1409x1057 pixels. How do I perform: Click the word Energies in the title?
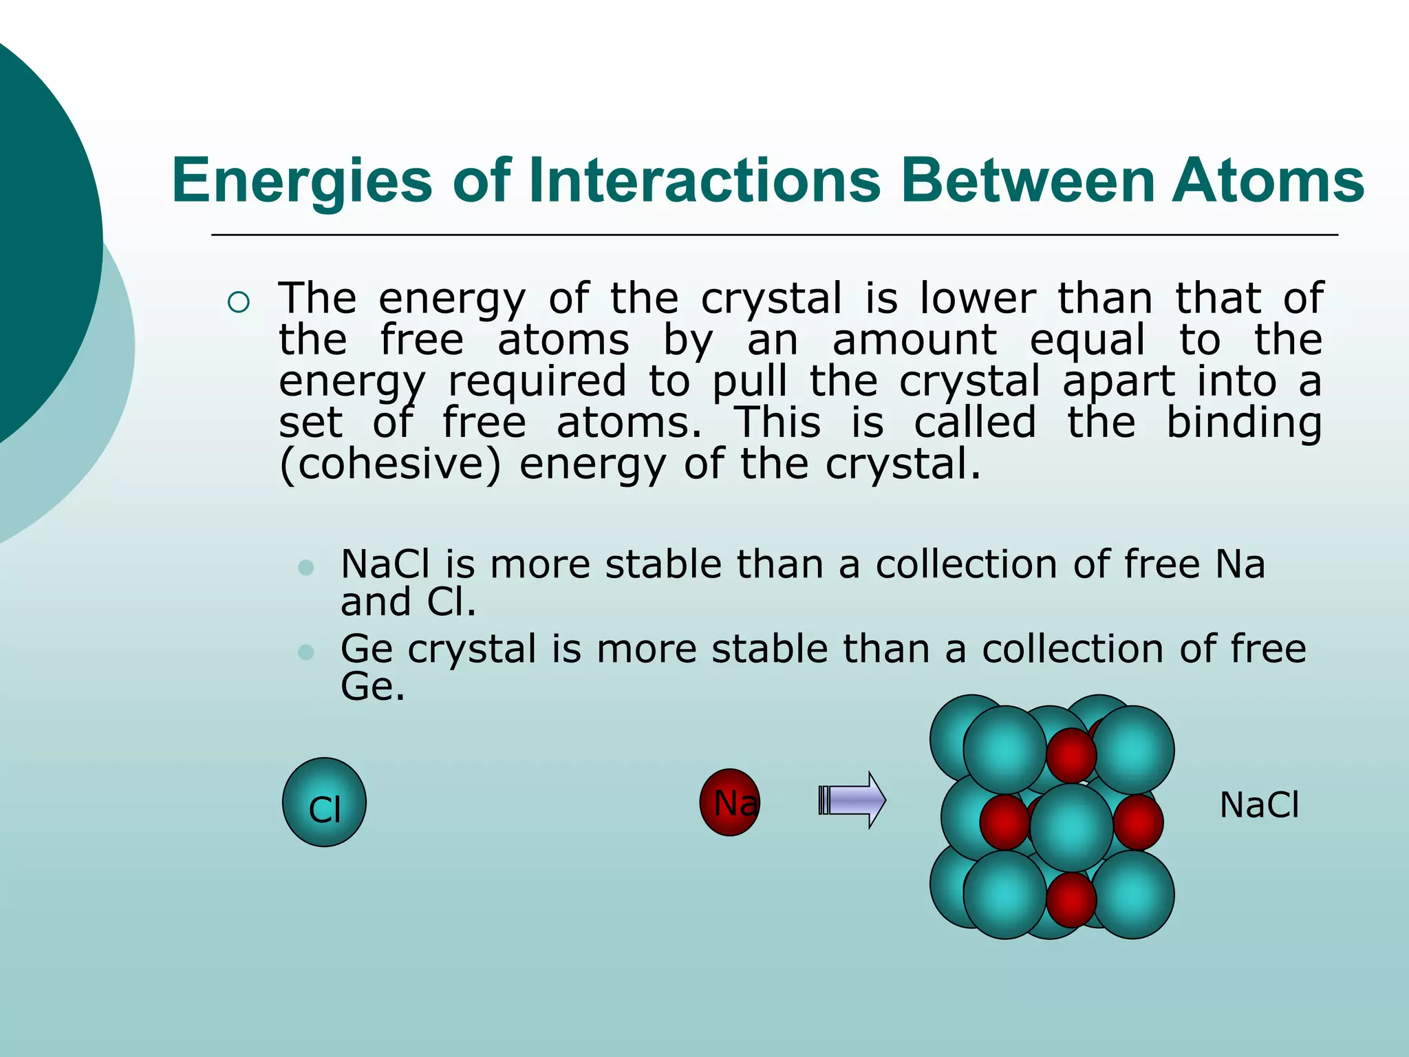pos(301,181)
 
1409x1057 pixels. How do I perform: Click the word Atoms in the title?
pos(1267,181)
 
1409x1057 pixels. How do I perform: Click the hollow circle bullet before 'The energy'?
pos(238,303)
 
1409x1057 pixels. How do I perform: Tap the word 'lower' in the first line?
pos(978,299)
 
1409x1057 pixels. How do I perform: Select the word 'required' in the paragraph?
pos(537,382)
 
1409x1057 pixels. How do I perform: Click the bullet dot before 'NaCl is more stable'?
pos(306,568)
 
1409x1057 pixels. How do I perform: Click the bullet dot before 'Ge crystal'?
pos(306,652)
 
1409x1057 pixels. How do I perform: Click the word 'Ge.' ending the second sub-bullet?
pos(372,687)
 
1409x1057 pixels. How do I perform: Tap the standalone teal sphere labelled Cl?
pos(324,802)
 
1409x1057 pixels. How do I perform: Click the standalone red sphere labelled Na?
pos(730,802)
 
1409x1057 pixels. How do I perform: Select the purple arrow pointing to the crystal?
pos(853,800)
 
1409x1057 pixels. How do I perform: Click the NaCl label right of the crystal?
pos(1259,805)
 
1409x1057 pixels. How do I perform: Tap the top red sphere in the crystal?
pos(1071,755)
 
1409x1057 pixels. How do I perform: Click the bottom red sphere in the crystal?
pos(1071,899)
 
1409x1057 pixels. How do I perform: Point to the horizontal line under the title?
pos(774,235)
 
